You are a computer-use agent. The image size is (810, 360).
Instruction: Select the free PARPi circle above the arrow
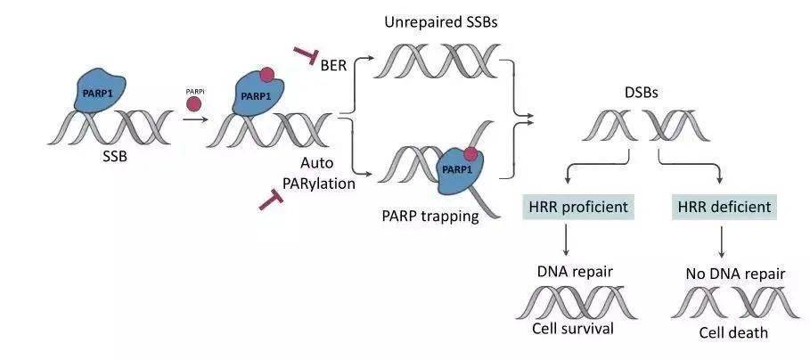(x=192, y=105)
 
